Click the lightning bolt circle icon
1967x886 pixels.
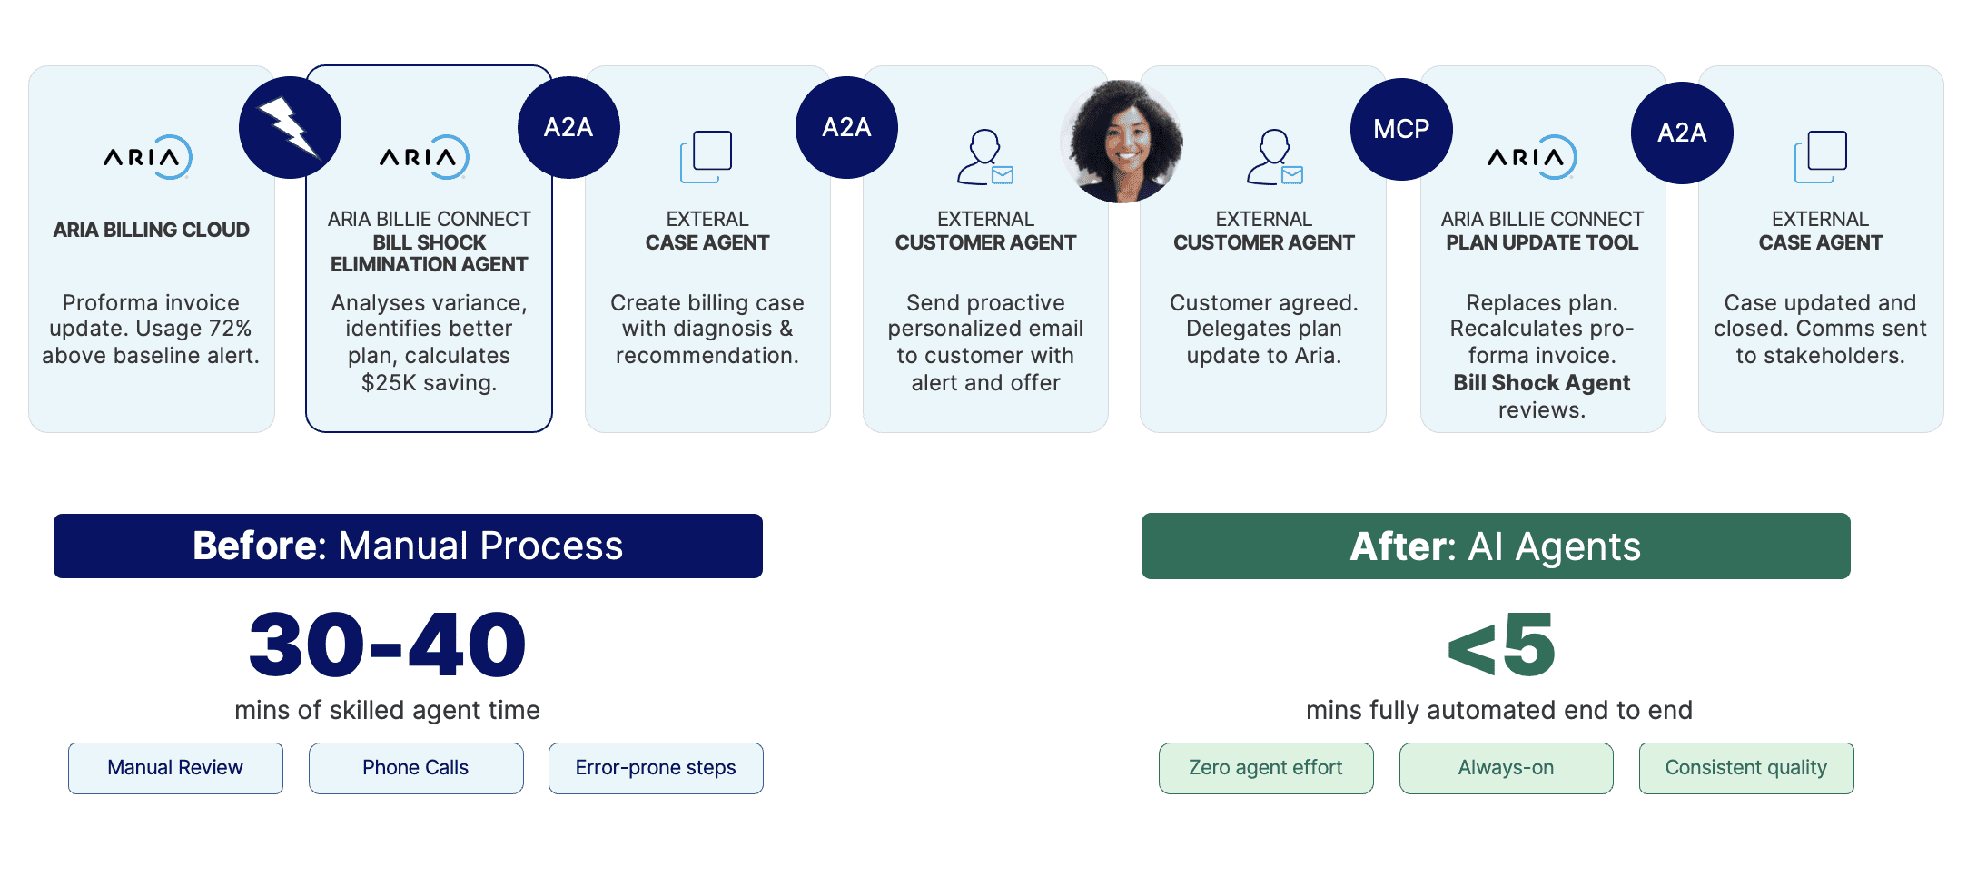(x=290, y=127)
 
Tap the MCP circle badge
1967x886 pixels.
(x=1401, y=129)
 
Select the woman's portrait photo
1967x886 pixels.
(x=1122, y=141)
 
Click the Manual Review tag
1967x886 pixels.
(x=175, y=768)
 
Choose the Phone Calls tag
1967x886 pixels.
(x=416, y=768)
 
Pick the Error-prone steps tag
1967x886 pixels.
(x=656, y=768)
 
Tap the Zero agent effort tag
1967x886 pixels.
(x=1266, y=768)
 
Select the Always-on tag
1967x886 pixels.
(x=1507, y=768)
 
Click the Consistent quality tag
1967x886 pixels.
(x=1746, y=768)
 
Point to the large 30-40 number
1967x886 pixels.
(x=388, y=645)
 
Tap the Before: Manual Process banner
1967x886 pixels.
(x=408, y=546)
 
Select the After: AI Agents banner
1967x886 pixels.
(x=1496, y=546)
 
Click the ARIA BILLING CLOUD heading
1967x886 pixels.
(x=151, y=230)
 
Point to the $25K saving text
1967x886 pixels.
(x=430, y=383)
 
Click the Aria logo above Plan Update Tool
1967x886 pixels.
(x=1532, y=157)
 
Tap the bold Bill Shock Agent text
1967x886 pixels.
(x=1542, y=383)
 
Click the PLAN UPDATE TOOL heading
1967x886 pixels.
(x=1542, y=242)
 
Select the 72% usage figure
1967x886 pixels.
(x=230, y=329)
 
